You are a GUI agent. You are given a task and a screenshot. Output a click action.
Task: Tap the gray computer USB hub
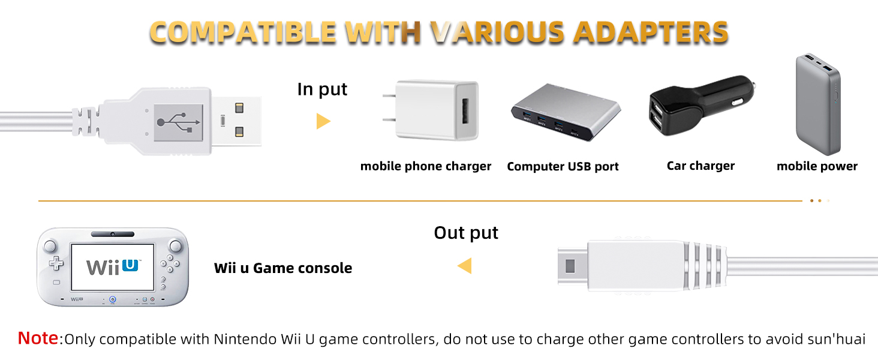click(x=565, y=113)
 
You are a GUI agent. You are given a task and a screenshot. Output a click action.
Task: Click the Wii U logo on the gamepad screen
click(x=113, y=266)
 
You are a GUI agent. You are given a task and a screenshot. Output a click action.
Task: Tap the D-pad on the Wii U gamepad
click(x=56, y=263)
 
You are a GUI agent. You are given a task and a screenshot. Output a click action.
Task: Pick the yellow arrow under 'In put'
click(x=323, y=121)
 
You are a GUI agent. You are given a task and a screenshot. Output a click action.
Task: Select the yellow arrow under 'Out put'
click(x=464, y=265)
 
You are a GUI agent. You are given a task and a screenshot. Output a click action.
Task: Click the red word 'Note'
click(x=38, y=338)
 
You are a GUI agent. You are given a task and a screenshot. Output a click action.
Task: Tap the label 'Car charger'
click(x=700, y=166)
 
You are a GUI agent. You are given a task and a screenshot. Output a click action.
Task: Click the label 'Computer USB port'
click(x=563, y=167)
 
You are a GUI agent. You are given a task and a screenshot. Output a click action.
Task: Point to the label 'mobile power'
click(x=817, y=166)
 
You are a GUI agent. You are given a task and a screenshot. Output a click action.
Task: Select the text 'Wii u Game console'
click(x=283, y=268)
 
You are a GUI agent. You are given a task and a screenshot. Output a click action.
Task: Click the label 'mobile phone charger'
click(x=426, y=166)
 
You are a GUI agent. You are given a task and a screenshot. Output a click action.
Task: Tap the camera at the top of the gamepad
click(x=112, y=233)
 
